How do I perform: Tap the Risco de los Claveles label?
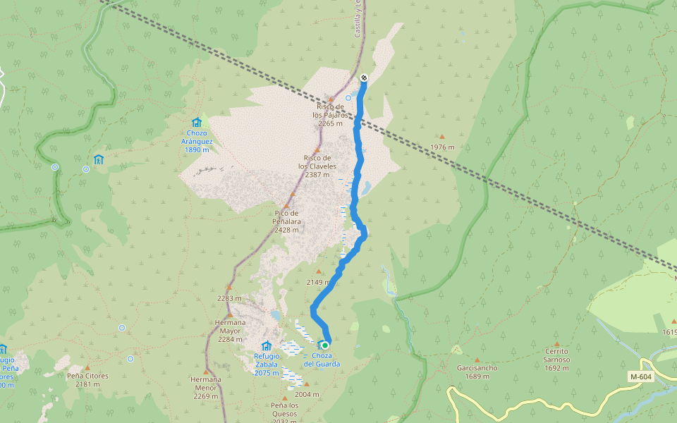317,166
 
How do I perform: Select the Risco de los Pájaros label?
329,114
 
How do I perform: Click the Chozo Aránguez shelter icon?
196,122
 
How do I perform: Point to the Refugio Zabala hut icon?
266,345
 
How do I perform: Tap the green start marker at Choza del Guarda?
325,345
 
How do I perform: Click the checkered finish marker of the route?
363,78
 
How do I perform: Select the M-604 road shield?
642,378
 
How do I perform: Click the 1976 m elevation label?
442,147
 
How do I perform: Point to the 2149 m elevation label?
319,282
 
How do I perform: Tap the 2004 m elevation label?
307,394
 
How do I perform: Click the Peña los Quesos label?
285,408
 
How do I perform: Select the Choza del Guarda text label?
322,360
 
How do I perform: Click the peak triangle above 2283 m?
228,288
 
